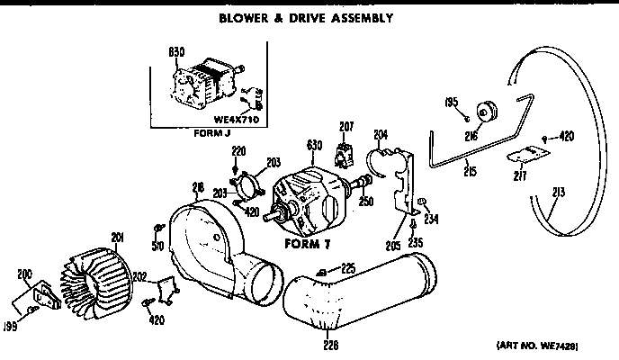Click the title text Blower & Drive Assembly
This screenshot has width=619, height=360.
(x=307, y=18)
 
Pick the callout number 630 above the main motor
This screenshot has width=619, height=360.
(x=315, y=144)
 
